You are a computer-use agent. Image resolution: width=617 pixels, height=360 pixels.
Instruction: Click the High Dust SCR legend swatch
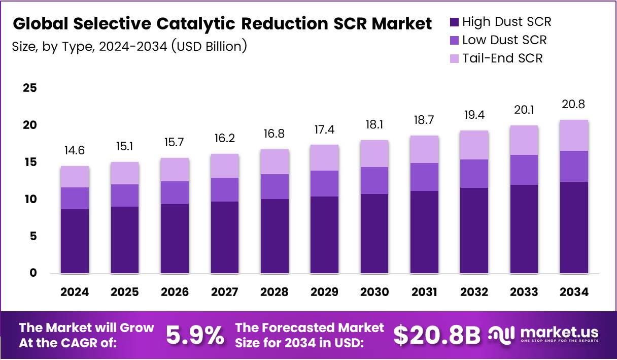(454, 22)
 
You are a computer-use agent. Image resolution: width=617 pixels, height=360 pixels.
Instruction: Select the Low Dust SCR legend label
(504, 40)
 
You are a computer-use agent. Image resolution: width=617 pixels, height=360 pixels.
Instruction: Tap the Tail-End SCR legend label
(502, 58)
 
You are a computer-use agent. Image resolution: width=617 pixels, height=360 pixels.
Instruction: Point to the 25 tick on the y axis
(30, 88)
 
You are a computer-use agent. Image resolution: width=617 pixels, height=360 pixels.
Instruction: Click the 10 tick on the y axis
(30, 199)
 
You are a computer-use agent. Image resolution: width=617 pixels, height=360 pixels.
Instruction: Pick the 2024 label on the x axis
(75, 292)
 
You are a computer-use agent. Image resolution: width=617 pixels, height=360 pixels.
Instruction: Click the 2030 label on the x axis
(374, 292)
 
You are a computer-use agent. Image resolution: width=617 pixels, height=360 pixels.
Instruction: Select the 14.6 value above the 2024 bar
(75, 151)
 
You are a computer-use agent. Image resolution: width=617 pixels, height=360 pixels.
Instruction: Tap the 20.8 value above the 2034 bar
(574, 105)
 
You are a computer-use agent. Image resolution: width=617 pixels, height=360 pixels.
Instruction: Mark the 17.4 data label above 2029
(325, 130)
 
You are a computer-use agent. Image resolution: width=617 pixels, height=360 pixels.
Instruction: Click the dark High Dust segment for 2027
(225, 238)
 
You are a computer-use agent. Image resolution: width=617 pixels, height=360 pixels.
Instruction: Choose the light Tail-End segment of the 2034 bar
(574, 135)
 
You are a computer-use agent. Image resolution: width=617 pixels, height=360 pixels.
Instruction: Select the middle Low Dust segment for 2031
(424, 177)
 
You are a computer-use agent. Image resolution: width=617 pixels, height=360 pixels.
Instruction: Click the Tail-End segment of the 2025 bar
(125, 173)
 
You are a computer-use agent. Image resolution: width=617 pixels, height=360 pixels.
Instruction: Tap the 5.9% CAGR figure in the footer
(195, 335)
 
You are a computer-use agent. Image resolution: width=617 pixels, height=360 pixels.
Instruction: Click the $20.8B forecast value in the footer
(437, 335)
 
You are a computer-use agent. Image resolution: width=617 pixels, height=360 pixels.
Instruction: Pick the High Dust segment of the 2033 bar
(524, 229)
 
